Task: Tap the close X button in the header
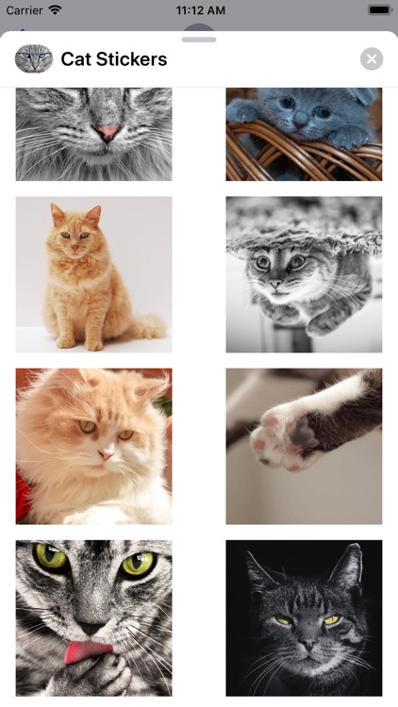372,59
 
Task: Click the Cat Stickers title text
113,59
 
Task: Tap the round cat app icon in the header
33,59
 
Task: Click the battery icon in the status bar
379,10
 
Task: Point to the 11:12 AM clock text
200,10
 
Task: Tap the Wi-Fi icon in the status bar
55,10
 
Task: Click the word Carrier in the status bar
25,10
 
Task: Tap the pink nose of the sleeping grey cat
108,133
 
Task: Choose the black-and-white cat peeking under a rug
304,274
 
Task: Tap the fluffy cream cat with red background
93,446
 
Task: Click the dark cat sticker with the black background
304,617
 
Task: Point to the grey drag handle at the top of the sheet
199,40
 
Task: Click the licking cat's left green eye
50,558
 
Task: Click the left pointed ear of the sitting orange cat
58,213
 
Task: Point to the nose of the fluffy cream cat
106,453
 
